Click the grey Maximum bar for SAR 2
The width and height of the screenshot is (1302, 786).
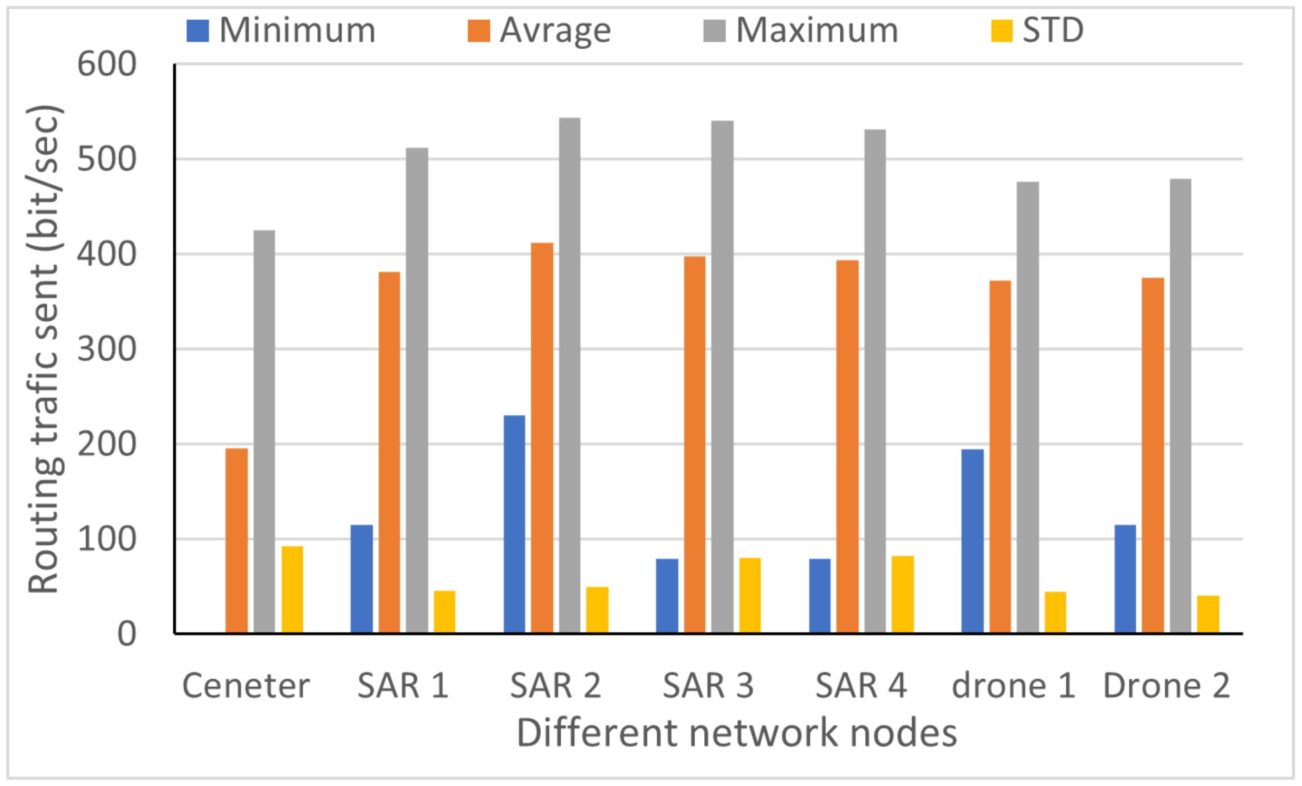pos(569,375)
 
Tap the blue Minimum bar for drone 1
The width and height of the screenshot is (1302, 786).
pos(972,541)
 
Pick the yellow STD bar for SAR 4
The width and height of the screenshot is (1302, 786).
pos(902,594)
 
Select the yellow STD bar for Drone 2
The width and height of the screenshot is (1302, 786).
pos(1208,614)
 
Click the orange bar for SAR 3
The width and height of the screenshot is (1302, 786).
pos(695,444)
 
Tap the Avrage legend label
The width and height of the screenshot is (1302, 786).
pos(555,30)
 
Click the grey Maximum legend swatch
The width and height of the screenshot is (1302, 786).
pos(714,31)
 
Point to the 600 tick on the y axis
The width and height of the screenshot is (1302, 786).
pos(107,64)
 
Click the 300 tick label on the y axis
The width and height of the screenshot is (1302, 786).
pos(107,349)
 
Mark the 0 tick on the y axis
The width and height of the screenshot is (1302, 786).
pos(126,633)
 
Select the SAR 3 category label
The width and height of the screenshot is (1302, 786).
pos(708,686)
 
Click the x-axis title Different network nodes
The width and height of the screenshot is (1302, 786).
pos(737,733)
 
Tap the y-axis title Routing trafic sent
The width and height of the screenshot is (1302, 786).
pos(45,349)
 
